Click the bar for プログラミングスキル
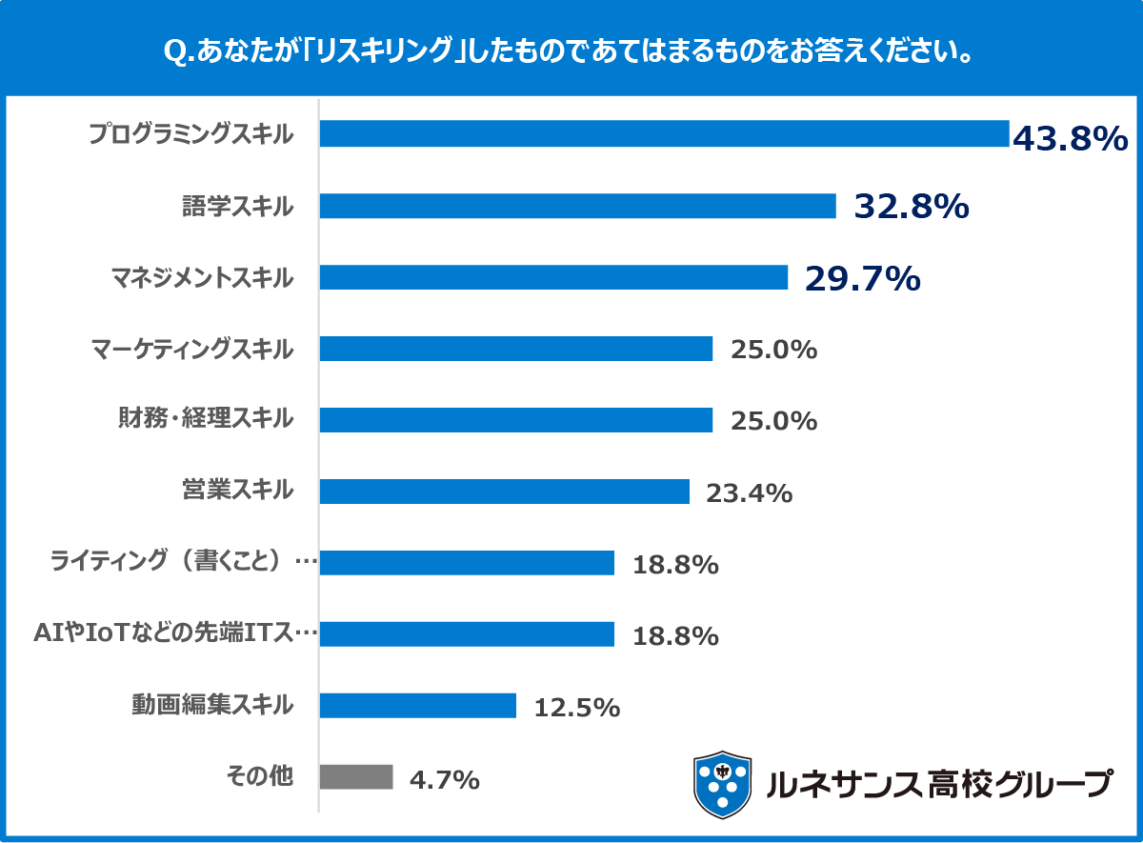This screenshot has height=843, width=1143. (663, 133)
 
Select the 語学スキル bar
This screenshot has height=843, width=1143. (577, 206)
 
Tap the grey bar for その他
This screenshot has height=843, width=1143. (355, 776)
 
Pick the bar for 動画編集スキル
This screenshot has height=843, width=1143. (417, 705)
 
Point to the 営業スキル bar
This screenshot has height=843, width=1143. (504, 492)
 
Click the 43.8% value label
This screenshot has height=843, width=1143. (1070, 139)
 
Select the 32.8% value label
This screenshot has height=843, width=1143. (912, 207)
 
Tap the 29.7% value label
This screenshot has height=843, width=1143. (862, 278)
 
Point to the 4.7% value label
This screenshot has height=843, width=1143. (444, 780)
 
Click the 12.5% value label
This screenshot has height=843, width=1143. (577, 708)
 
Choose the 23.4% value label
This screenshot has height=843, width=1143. (749, 493)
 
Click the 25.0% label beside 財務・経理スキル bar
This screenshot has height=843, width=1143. (773, 421)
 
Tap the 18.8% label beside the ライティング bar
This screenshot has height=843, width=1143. (674, 565)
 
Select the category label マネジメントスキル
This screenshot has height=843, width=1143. (202, 277)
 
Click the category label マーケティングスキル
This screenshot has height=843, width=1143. (192, 349)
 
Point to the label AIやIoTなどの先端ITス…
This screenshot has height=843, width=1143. (175, 633)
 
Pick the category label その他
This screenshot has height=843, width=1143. (258, 776)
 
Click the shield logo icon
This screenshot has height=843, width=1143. (722, 784)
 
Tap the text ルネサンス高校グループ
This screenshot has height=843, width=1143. (938, 783)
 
